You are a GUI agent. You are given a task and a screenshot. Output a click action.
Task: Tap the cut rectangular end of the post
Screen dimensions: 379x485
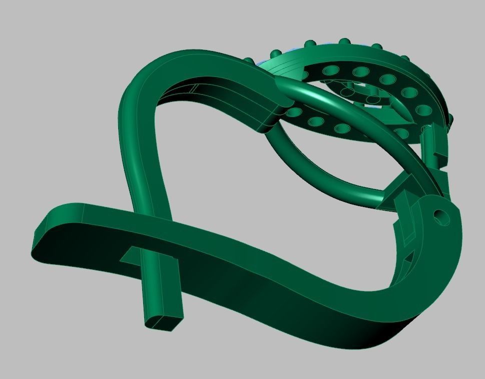click(164, 320)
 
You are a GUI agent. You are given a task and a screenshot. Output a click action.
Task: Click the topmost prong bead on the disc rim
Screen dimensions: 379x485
click(344, 42)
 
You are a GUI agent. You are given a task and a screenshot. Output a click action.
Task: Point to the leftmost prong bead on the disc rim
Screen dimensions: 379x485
click(249, 61)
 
